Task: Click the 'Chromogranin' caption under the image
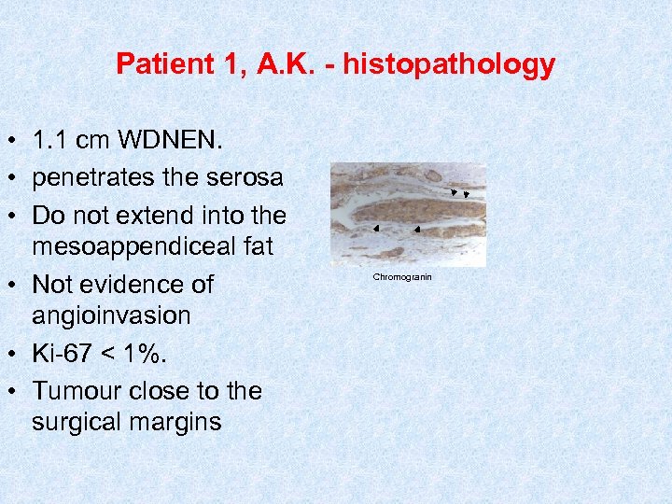pos(402,277)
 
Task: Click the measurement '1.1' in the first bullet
pos(50,142)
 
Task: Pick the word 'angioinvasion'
pos(111,315)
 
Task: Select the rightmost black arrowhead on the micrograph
pos(466,195)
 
